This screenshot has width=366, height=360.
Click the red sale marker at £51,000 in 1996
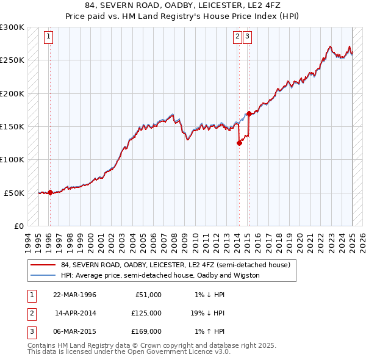(50, 192)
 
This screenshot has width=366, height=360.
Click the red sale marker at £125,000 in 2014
(239, 143)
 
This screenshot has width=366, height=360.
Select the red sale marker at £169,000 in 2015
(249, 113)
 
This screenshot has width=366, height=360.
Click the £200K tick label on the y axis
(12, 93)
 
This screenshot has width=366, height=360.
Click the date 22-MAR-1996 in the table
(74, 295)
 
